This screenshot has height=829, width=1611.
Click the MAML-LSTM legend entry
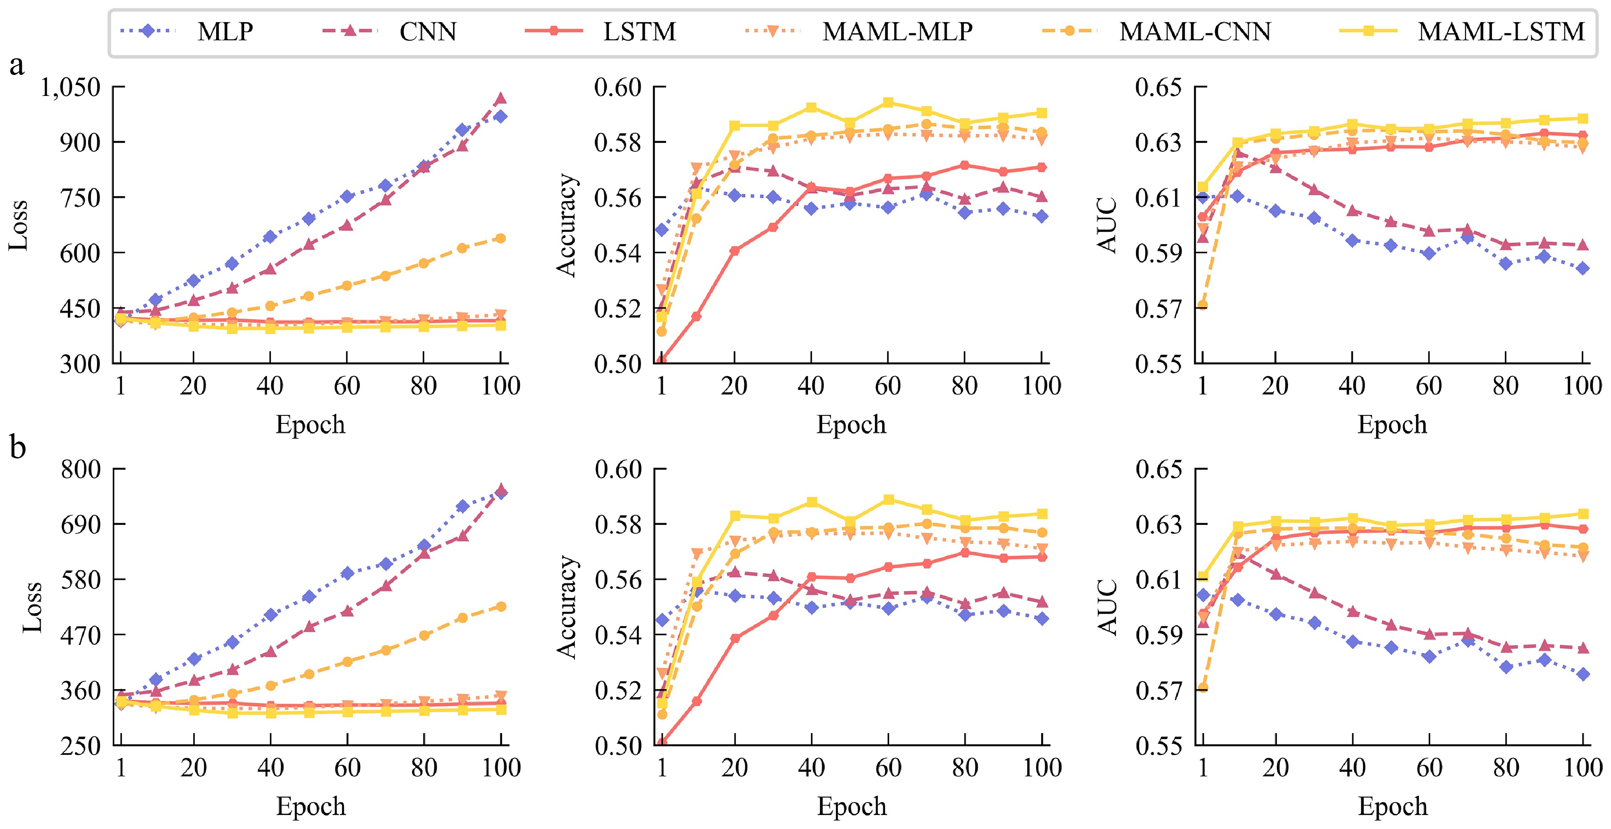click(1501, 31)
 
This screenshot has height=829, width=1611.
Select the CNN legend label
click(428, 31)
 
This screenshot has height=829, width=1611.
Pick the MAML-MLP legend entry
click(897, 31)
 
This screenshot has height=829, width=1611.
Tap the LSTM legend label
click(639, 31)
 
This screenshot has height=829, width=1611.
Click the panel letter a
click(17, 64)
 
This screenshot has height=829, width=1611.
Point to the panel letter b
click(17, 447)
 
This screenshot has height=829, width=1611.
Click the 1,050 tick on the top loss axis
click(70, 87)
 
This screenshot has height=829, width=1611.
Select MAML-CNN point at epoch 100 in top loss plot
click(500, 238)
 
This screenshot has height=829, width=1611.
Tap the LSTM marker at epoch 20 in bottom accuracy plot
click(735, 638)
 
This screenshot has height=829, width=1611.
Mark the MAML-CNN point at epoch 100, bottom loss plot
click(501, 606)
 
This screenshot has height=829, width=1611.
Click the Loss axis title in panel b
click(32, 607)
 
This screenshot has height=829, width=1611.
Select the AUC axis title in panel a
click(1108, 225)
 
